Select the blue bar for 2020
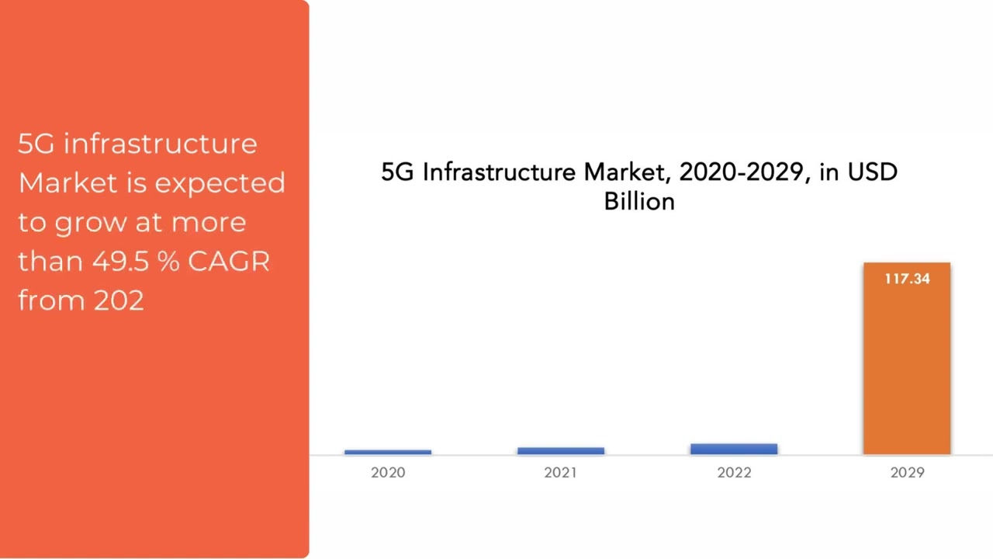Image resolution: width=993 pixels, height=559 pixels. [388, 452]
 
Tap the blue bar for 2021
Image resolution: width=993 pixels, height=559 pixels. [560, 450]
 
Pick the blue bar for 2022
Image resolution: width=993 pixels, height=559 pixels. [734, 449]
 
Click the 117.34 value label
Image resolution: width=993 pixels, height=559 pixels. [906, 279]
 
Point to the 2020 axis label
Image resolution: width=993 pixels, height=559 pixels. [388, 472]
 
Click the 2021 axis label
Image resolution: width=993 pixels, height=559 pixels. [560, 472]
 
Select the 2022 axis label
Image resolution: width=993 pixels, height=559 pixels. [734, 472]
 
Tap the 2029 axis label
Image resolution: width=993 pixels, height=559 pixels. [907, 472]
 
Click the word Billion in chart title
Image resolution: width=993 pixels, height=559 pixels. [639, 202]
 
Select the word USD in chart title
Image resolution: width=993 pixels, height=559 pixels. [872, 172]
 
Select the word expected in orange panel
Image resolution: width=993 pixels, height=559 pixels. [220, 184]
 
